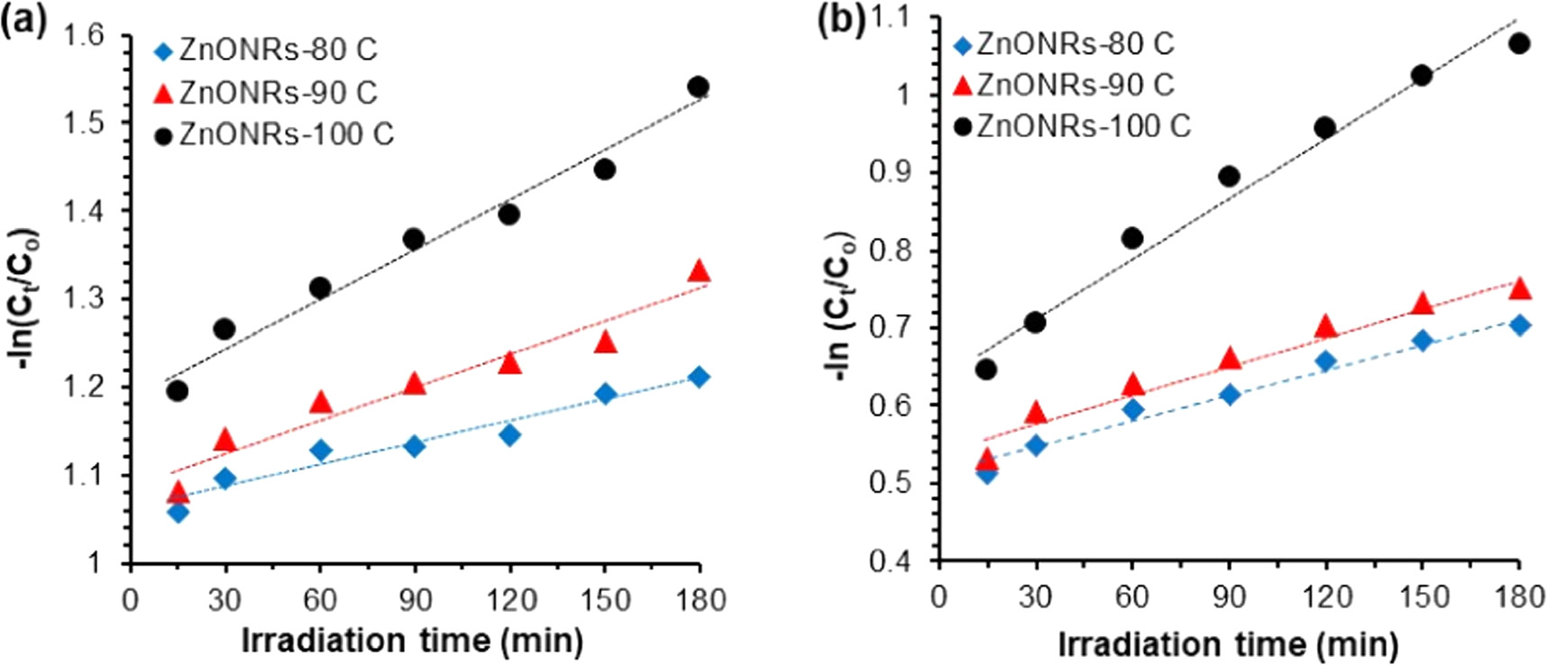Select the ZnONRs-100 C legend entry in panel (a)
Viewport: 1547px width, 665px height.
(275, 134)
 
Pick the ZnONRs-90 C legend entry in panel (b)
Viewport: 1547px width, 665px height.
(1064, 85)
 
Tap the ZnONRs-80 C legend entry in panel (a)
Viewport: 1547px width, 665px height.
(267, 50)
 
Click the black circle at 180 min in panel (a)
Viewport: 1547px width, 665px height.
(698, 87)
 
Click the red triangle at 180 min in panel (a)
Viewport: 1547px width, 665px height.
(699, 271)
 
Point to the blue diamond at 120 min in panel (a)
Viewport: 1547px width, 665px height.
(509, 435)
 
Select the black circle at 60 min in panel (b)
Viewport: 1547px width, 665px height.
(1132, 238)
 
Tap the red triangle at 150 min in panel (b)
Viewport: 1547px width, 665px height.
(1423, 304)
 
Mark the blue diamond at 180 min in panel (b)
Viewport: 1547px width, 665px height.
(1519, 325)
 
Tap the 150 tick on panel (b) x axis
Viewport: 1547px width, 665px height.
(1422, 597)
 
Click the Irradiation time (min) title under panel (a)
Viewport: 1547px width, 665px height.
(412, 641)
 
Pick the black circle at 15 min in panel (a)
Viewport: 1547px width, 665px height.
(178, 390)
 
